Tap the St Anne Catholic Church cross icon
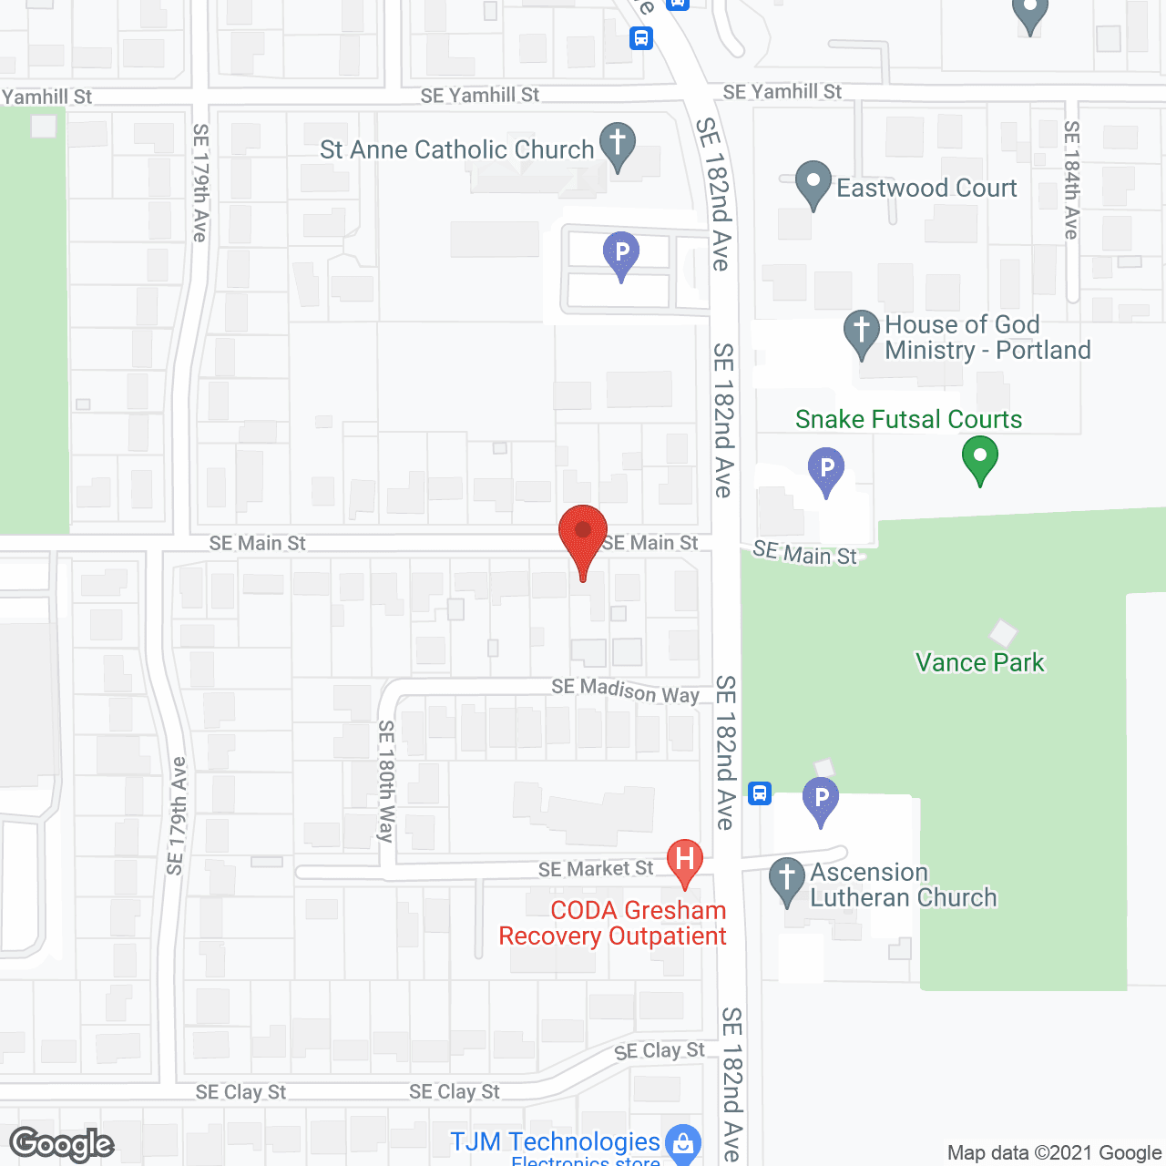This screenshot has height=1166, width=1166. point(618,144)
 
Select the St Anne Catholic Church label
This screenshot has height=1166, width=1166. point(456,149)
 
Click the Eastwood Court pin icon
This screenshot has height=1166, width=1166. point(813,182)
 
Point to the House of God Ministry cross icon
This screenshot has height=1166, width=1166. point(861,332)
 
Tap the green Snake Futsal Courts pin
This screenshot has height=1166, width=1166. point(980,457)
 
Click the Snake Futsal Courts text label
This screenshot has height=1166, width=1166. point(908,419)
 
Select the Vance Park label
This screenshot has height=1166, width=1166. point(980,662)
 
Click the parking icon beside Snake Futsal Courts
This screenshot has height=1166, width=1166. point(826,469)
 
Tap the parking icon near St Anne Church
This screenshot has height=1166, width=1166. point(621,252)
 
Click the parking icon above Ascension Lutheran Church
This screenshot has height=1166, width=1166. point(821,799)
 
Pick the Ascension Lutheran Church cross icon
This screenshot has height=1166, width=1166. point(787,879)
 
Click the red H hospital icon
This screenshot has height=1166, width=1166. point(685,860)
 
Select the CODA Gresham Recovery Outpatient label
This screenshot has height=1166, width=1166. point(612,923)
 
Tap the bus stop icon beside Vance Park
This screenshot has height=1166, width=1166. point(760,793)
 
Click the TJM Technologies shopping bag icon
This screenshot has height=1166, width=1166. point(683,1142)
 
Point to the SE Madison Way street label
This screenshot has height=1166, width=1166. point(625,690)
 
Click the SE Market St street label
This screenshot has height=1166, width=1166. point(596,869)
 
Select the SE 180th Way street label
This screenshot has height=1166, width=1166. point(386,781)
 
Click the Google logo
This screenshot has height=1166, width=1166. point(62,1144)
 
